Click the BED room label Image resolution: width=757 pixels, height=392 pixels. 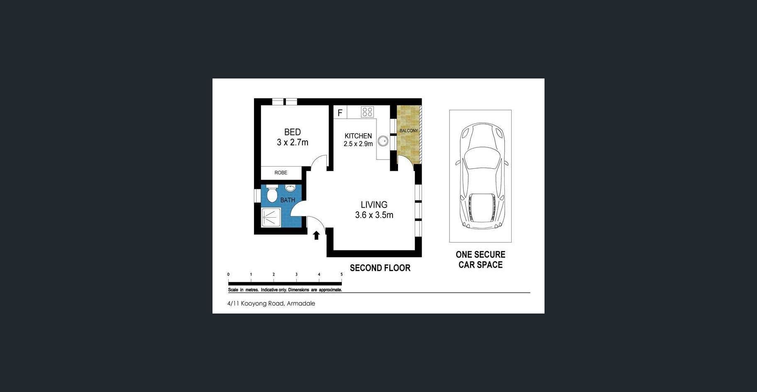(x=293, y=132)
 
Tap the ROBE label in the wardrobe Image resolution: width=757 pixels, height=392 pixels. (x=281, y=173)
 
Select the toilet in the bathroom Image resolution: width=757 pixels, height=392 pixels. (x=272, y=193)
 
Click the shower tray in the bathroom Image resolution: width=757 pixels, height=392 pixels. (x=271, y=218)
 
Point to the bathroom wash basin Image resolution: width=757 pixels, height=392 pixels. (x=290, y=188)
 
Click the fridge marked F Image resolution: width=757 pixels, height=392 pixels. (x=340, y=113)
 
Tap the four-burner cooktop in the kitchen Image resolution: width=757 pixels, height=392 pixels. (x=367, y=112)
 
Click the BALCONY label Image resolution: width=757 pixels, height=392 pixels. (x=409, y=131)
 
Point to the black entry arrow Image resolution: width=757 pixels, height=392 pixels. (x=316, y=235)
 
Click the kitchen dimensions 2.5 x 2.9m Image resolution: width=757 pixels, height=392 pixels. (x=358, y=144)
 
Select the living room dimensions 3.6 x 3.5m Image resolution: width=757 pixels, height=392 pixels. (x=374, y=215)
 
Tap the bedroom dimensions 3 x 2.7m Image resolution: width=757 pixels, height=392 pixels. (x=293, y=142)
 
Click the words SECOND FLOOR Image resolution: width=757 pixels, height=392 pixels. (x=380, y=268)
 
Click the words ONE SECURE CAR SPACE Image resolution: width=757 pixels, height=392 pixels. (x=481, y=260)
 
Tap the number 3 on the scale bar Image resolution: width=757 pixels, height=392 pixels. (x=296, y=274)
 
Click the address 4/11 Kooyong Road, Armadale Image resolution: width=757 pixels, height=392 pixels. (x=271, y=304)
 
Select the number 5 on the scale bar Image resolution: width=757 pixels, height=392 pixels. (x=342, y=274)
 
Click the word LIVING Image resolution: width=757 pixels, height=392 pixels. (x=374, y=205)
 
